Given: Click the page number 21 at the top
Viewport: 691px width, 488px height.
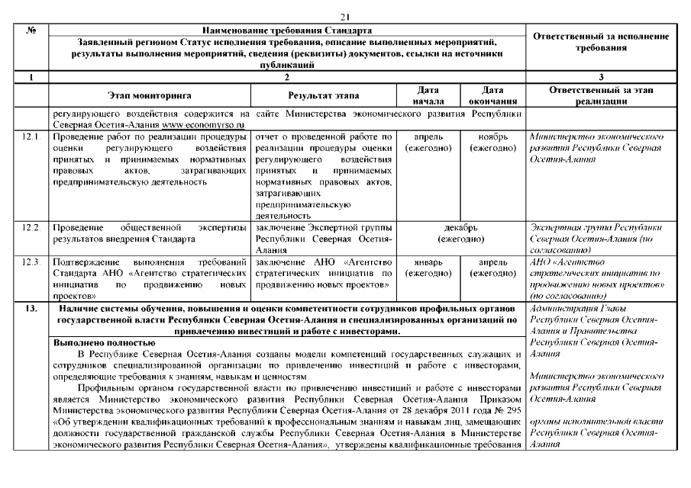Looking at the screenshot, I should [344, 17].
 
